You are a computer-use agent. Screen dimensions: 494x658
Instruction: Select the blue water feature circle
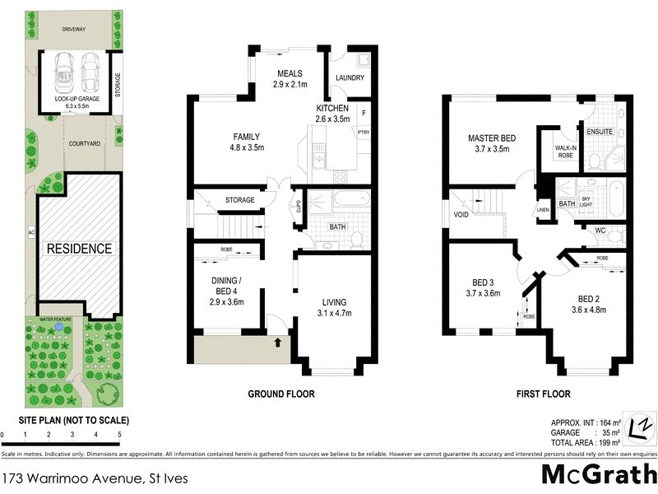click(x=59, y=329)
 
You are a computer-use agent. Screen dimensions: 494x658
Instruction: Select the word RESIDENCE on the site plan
click(x=79, y=248)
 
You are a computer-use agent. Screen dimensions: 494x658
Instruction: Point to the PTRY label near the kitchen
click(x=363, y=131)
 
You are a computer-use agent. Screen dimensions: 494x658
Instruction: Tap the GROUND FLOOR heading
click(x=281, y=394)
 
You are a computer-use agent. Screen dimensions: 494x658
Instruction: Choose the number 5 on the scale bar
click(x=119, y=434)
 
